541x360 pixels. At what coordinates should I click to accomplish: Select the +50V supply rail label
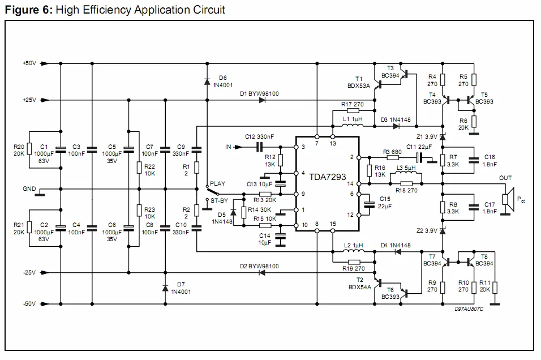pos(29,63)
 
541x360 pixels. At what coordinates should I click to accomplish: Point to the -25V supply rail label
pos(29,273)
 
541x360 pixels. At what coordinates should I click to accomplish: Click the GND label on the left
pos(29,189)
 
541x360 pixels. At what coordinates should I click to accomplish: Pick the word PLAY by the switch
pos(218,184)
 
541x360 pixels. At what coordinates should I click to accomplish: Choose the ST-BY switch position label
pos(219,200)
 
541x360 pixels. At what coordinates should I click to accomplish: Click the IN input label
pos(228,147)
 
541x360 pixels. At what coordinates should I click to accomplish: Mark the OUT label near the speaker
pos(505,178)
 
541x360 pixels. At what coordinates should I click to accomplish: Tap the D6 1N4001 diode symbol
pos(207,82)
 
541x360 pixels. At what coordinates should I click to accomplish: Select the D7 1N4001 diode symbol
pos(165,288)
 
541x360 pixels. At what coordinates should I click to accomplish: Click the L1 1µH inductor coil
pos(353,126)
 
